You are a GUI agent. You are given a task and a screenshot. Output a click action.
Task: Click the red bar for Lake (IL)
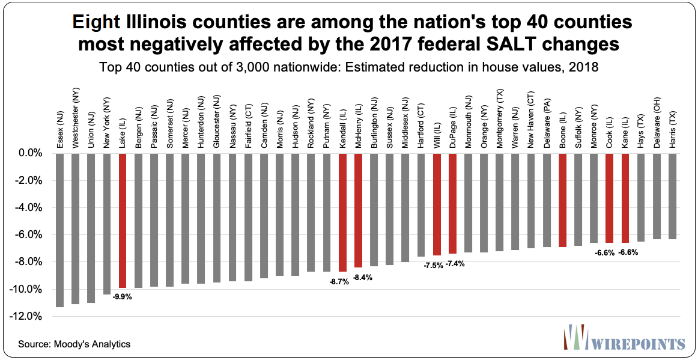point(123,221)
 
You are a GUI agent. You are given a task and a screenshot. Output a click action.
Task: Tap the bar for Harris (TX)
point(672,197)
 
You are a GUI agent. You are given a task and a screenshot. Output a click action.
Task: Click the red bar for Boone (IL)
point(563,200)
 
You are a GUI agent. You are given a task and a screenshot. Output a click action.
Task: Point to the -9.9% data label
point(122,296)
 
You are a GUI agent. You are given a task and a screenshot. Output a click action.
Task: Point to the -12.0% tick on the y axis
point(29,316)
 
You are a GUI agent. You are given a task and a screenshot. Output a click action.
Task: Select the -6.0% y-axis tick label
point(31,234)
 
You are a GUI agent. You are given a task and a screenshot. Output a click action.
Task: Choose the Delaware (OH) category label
point(657,125)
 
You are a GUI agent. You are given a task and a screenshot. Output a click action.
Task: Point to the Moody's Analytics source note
point(74,344)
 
